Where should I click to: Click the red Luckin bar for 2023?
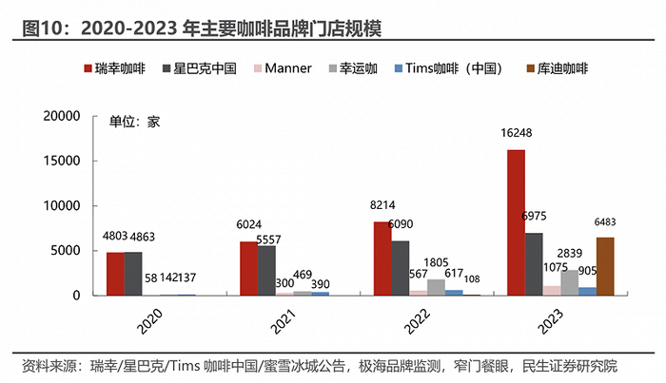[x=516, y=222]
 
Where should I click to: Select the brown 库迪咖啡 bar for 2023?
[x=605, y=266]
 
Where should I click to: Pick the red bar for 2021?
[x=247, y=268]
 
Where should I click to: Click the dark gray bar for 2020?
[x=132, y=274]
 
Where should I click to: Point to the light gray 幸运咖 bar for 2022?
[x=435, y=287]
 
